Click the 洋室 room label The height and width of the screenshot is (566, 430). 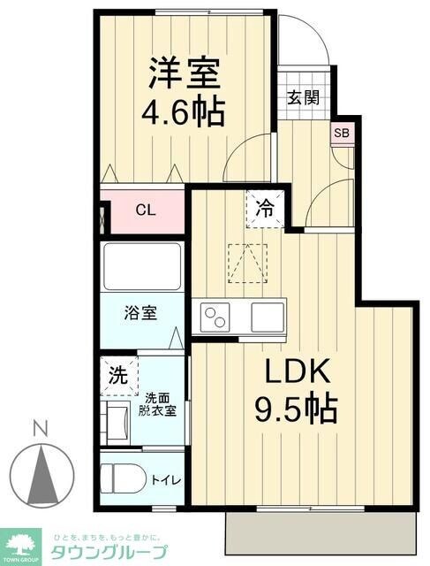[x=183, y=73]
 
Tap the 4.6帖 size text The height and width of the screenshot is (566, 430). [x=183, y=112]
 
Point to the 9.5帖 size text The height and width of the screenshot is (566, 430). [x=297, y=409]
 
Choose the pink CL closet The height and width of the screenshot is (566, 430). [x=146, y=210]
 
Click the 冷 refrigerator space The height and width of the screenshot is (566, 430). [x=264, y=210]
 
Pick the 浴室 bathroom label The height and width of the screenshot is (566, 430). [x=141, y=313]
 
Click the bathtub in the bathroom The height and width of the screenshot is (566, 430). [x=142, y=264]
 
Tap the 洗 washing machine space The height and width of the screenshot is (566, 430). [x=117, y=375]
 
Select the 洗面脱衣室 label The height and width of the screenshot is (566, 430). [x=160, y=404]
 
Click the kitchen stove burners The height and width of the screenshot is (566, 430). [x=218, y=316]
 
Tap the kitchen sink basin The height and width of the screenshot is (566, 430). [x=267, y=316]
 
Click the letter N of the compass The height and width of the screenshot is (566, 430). [x=40, y=429]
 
